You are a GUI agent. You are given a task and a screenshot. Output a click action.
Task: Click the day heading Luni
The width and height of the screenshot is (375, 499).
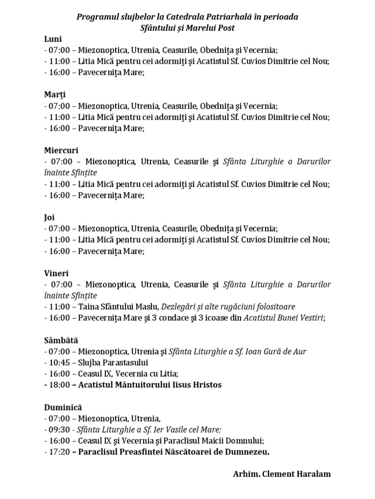(x=53, y=39)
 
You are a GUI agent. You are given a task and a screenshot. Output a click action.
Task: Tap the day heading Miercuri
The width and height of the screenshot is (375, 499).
(x=61, y=151)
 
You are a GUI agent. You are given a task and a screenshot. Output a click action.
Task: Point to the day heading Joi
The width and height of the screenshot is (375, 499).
(x=49, y=217)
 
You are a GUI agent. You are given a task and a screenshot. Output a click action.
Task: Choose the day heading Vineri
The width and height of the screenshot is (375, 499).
(x=56, y=273)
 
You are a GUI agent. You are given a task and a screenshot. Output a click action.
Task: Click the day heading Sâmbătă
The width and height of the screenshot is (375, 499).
(x=61, y=340)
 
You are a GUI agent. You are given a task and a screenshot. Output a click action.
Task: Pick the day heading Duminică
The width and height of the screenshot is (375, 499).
(x=62, y=407)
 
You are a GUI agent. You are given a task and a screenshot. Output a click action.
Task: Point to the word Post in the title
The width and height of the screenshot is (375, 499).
(x=226, y=28)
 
